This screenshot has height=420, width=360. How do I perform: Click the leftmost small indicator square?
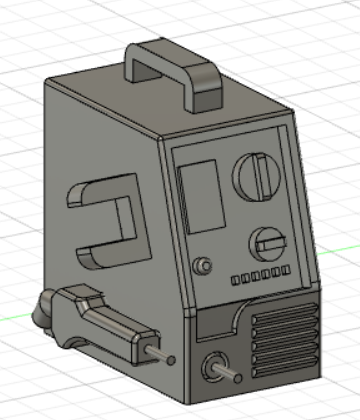click(236, 280)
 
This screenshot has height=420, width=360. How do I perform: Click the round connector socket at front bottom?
click(212, 367)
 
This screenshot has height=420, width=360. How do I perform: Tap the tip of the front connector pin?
click(236, 376)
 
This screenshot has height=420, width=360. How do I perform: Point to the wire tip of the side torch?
click(172, 359)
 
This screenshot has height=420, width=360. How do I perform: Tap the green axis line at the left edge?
click(12, 317)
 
